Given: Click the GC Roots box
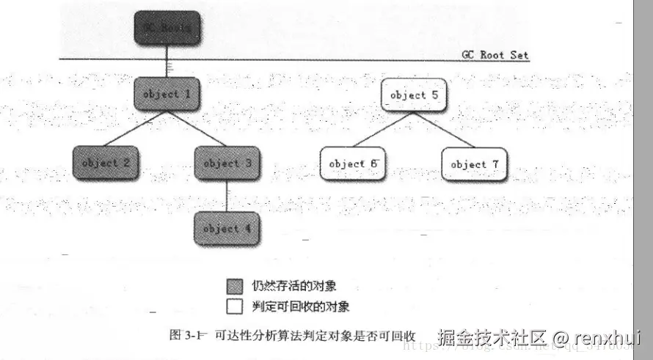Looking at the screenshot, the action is tap(167, 27).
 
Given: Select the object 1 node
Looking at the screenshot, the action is tap(167, 94).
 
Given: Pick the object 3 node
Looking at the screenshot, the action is tap(227, 163).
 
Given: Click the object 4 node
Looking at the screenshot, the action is tap(227, 228).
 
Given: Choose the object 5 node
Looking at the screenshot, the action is tap(414, 95).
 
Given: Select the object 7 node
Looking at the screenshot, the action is tap(474, 164).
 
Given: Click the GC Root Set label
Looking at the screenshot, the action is tap(495, 55).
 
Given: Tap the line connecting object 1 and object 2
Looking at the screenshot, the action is tap(136, 128).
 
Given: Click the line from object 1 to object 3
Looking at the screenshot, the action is tap(197, 128).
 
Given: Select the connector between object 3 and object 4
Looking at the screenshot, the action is tap(227, 195).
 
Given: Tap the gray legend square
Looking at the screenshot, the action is tap(235, 286).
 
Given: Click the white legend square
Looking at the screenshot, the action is tap(235, 305).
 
